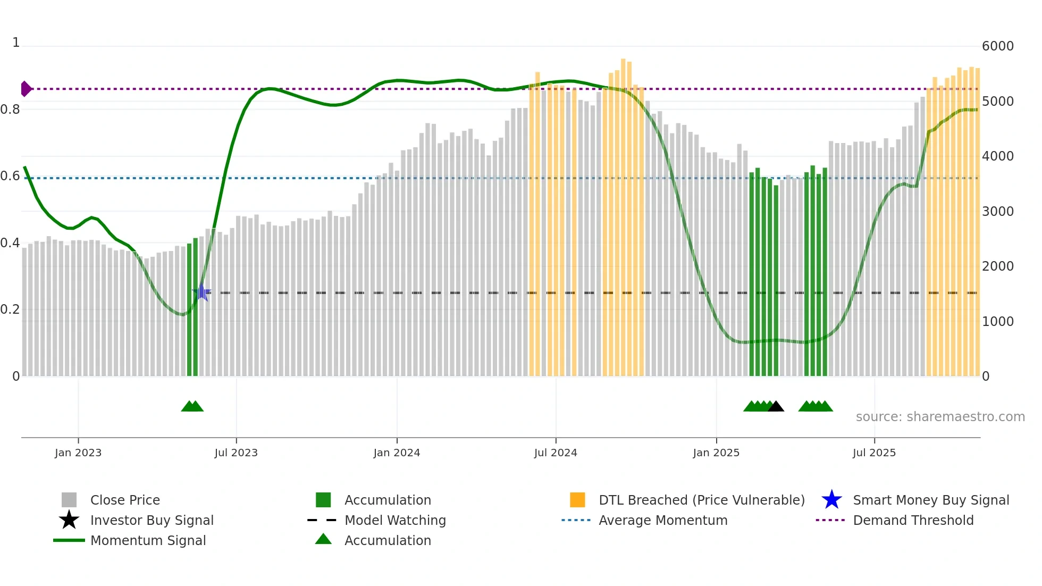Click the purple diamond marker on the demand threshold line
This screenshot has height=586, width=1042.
[26, 89]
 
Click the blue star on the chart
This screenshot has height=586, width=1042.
[201, 292]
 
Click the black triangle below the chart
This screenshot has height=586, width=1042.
[776, 406]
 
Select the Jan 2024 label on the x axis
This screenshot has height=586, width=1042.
[397, 453]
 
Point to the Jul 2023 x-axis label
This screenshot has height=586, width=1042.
[236, 453]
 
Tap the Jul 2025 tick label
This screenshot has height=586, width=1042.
[874, 453]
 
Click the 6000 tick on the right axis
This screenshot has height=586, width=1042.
[997, 46]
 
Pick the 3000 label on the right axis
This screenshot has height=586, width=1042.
[997, 211]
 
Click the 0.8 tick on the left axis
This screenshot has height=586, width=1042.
[10, 110]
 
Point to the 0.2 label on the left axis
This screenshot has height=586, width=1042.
[10, 309]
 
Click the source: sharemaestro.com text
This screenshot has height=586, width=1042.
[940, 416]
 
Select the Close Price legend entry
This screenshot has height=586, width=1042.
[125, 500]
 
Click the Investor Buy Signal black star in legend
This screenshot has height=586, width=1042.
[69, 520]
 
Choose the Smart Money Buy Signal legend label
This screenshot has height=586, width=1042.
[931, 500]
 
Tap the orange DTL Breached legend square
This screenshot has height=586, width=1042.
[577, 500]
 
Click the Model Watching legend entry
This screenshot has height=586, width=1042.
[395, 520]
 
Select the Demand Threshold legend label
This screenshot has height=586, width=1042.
[913, 520]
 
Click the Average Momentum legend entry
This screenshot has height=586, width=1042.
[663, 520]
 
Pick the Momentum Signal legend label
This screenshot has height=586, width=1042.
[148, 540]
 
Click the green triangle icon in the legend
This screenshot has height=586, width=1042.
[323, 540]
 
